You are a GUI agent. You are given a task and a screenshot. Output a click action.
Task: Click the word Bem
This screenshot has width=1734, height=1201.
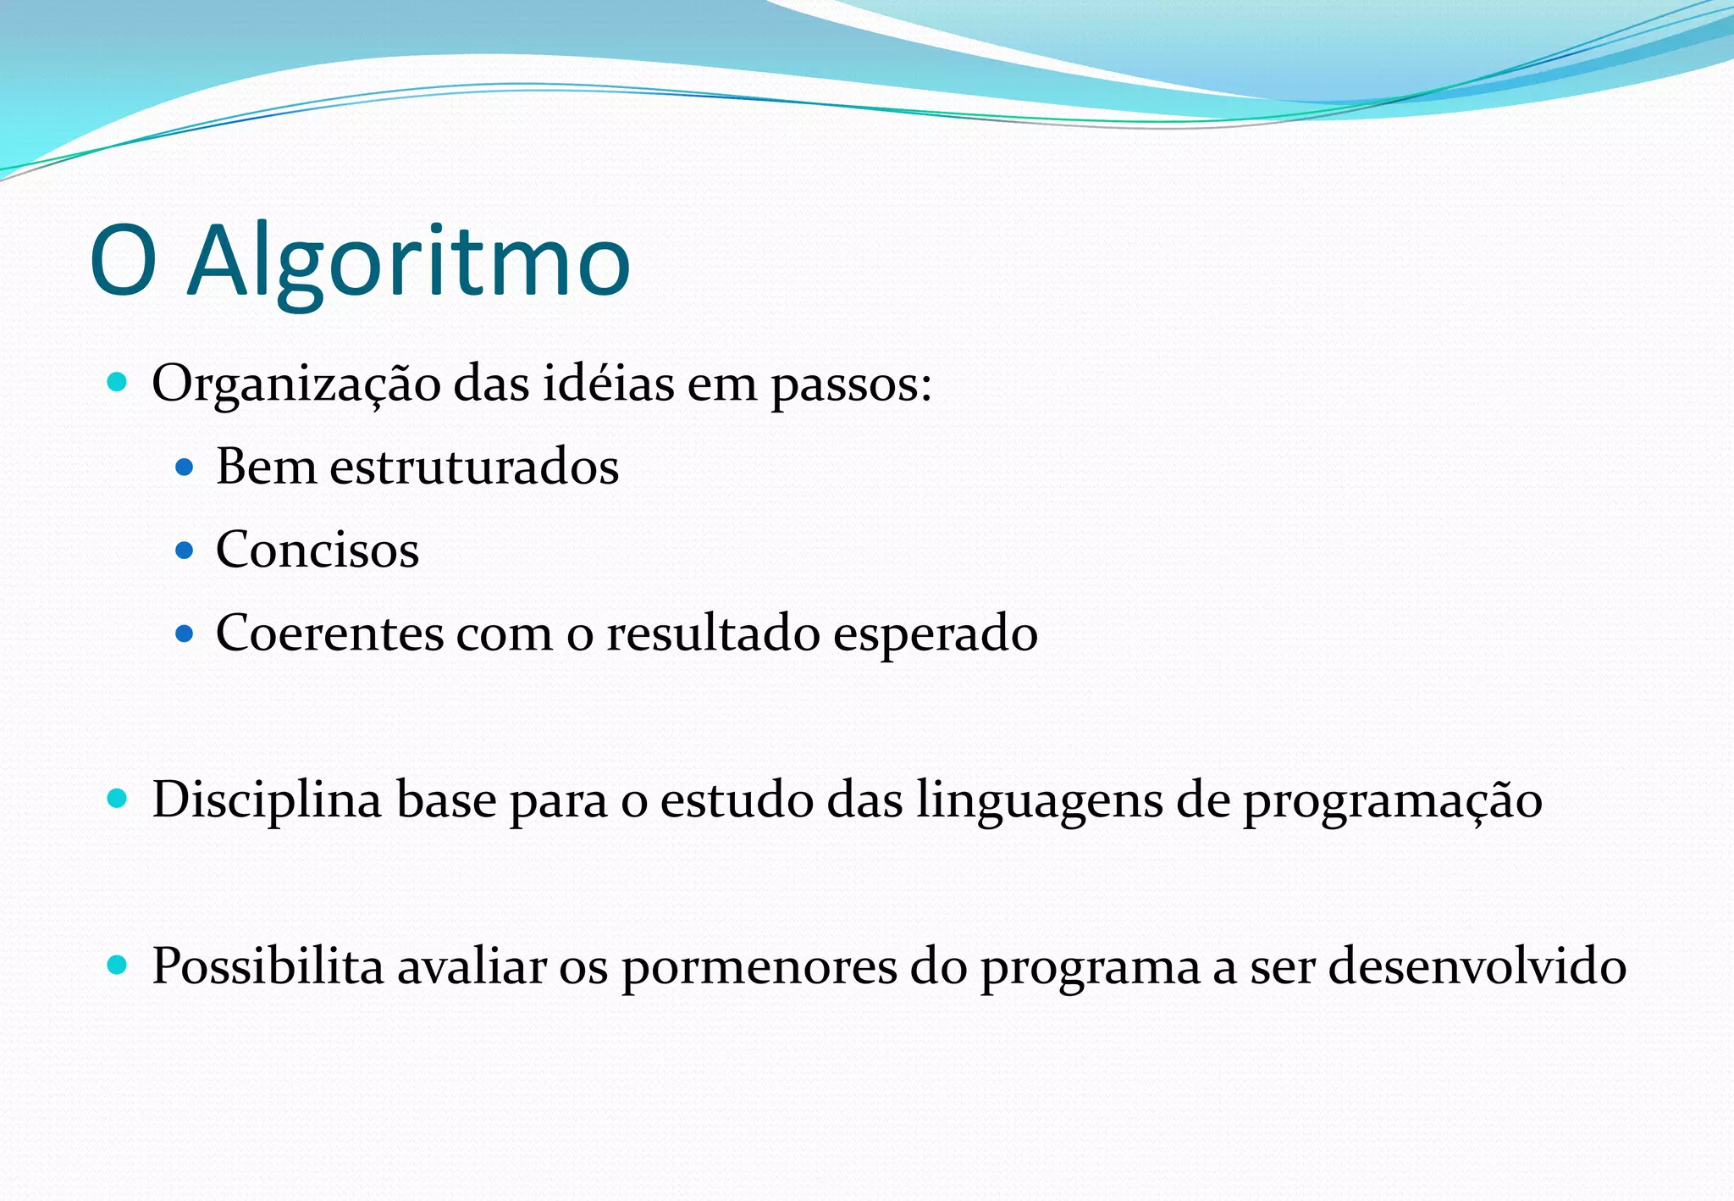266,467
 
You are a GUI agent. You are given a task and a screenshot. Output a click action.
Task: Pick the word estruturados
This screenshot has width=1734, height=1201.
474,467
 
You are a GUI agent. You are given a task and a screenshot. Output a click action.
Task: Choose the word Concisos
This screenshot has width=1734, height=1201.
318,550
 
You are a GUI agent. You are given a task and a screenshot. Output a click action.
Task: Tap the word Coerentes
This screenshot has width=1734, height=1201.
329,633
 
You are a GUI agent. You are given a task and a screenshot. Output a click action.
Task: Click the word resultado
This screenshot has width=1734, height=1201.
713,633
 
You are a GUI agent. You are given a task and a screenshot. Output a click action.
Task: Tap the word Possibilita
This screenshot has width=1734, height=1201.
268,966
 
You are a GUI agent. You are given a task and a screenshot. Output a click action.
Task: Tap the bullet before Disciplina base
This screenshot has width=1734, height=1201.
118,798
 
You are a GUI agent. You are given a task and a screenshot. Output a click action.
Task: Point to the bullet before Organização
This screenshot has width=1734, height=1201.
118,382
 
